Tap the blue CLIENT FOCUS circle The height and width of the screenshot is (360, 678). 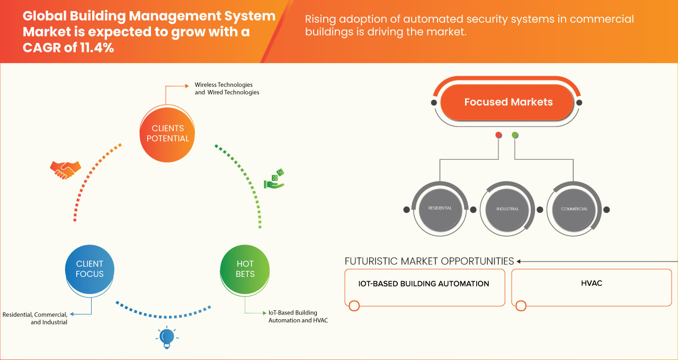[x=90, y=269]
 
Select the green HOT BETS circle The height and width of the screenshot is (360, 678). [x=245, y=269]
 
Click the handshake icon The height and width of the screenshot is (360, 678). [x=65, y=169]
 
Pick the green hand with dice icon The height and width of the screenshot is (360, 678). [x=274, y=179]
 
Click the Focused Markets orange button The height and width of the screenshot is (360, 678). [x=508, y=102]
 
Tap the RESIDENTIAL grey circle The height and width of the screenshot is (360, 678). [x=440, y=209]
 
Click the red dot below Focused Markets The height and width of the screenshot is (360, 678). [x=498, y=136]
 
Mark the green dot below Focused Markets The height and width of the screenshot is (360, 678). [x=515, y=136]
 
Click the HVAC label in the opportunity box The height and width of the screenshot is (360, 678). [x=591, y=283]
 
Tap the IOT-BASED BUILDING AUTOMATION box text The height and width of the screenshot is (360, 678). [x=424, y=284]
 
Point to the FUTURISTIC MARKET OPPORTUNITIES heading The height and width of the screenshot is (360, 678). [x=429, y=261]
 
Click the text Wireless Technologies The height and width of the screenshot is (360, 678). [x=224, y=85]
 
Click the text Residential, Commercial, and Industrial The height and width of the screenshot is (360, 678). [x=36, y=318]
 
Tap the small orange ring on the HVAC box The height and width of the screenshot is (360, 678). [x=521, y=306]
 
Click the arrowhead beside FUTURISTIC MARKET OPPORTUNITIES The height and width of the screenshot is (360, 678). [x=519, y=261]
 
